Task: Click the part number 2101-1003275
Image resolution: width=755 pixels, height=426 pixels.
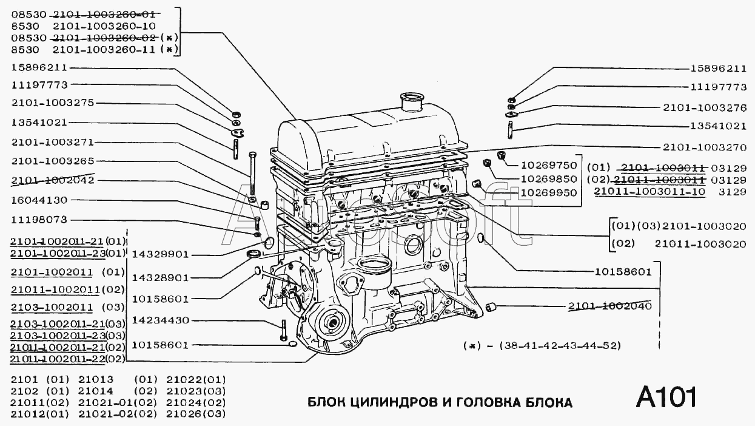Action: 52,103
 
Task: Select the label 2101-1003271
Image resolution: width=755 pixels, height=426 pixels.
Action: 52,142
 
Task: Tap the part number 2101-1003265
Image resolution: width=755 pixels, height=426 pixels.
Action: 52,161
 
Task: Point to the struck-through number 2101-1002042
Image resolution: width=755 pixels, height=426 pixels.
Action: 52,181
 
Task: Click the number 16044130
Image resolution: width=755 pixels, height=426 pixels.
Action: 39,201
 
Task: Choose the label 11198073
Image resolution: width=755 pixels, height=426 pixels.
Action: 39,220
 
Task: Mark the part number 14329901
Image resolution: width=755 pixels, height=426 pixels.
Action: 161,254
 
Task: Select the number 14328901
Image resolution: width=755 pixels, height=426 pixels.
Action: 161,277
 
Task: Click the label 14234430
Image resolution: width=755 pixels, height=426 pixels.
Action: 161,320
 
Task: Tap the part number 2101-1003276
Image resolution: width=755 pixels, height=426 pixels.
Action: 705,107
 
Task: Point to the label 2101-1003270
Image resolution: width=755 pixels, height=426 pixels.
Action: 705,146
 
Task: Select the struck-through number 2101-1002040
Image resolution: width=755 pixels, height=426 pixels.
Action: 609,306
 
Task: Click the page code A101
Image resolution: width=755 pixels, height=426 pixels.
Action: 666,397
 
